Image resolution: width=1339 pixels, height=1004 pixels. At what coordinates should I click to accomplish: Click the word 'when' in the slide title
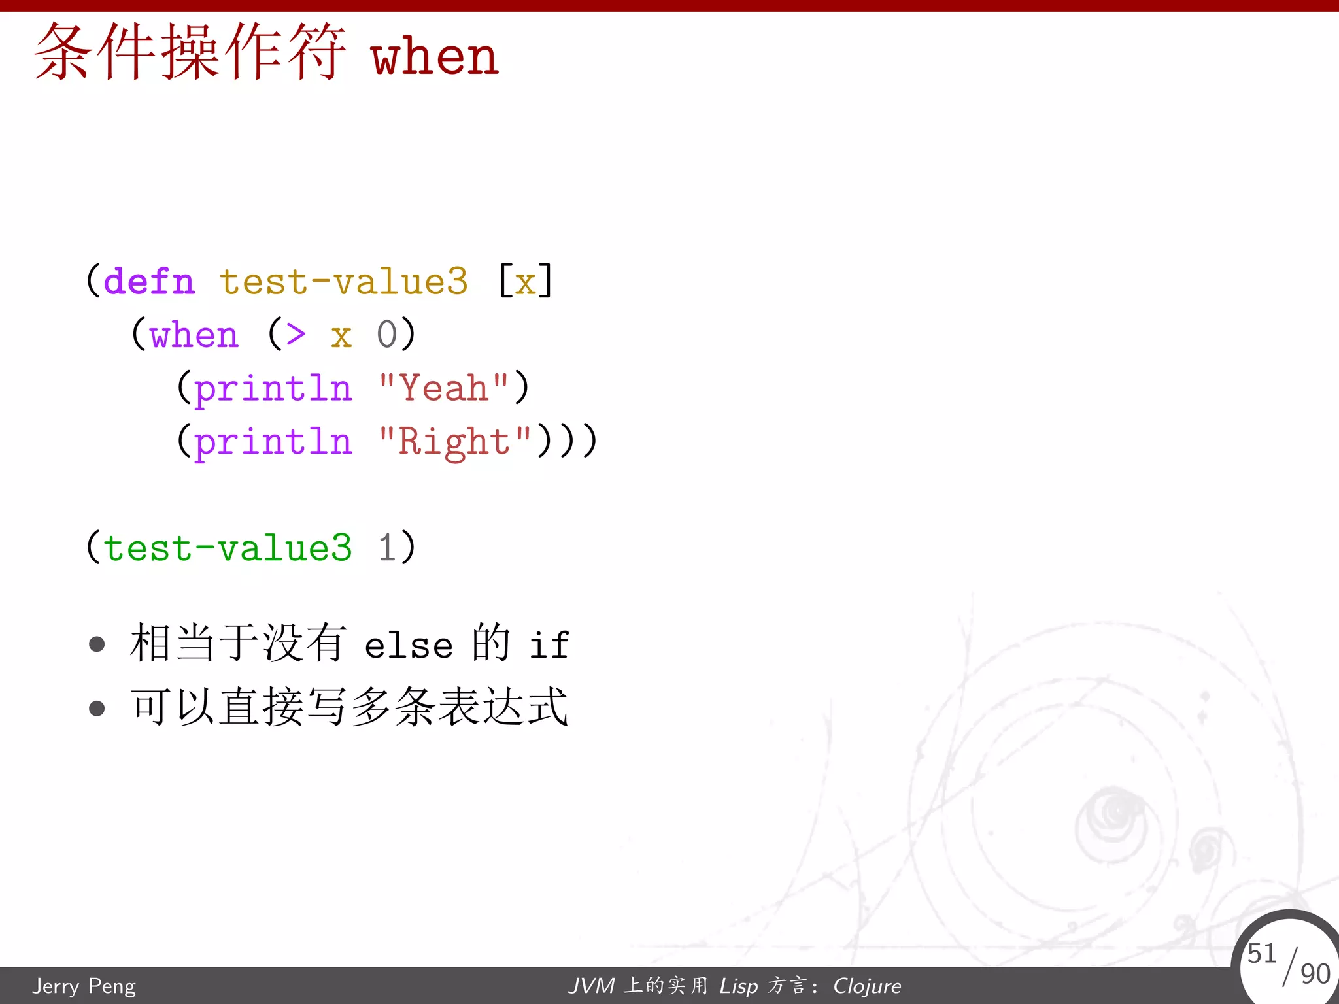435,58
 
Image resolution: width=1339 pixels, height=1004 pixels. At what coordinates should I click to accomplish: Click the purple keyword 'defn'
149,282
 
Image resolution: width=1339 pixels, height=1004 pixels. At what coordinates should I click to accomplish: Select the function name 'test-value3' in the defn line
343,282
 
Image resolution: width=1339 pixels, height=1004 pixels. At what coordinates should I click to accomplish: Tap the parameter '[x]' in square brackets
525,282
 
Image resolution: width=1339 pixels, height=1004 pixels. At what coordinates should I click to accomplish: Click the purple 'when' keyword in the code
194,336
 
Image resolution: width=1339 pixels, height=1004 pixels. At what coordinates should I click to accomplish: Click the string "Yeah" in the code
444,388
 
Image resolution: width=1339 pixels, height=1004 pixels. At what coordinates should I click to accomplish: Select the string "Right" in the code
455,442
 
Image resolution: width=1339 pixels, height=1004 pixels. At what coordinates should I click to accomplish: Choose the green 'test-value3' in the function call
228,548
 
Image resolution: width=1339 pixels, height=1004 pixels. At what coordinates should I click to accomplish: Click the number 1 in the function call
387,548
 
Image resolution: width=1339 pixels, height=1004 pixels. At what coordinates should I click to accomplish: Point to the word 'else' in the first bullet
409,646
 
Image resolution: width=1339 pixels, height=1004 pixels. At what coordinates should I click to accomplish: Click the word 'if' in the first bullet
549,645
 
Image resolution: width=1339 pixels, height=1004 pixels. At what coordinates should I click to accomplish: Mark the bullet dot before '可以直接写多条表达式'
97,708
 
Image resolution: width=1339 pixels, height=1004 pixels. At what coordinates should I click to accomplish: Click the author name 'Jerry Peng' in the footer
84,986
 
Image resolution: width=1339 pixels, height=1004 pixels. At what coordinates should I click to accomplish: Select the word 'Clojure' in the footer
867,986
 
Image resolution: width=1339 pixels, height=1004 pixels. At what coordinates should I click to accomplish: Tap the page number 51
1261,953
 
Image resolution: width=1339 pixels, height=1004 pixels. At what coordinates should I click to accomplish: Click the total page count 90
1315,974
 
